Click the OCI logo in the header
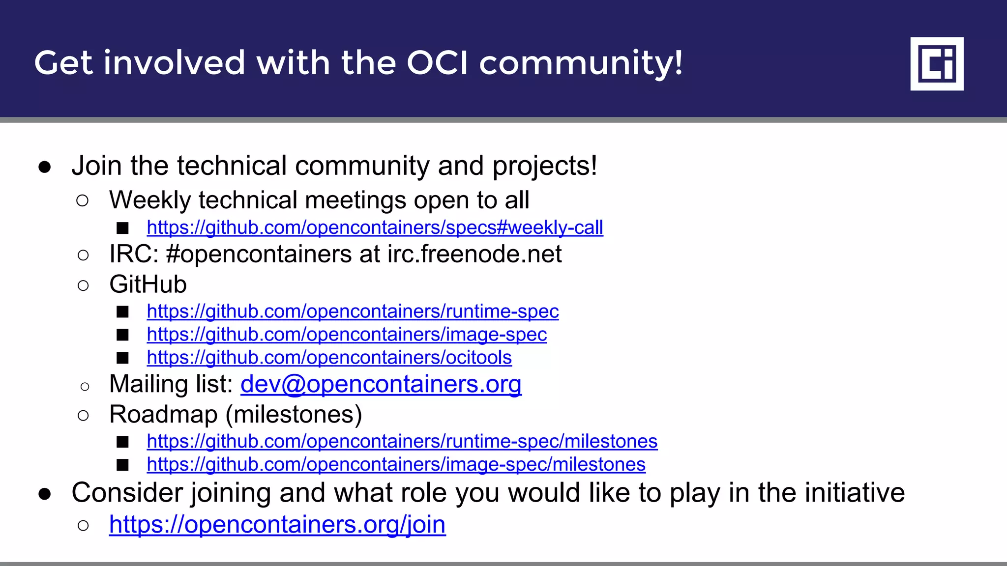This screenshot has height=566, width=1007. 937,63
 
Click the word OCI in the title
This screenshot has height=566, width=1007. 437,63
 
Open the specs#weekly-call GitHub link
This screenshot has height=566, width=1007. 375,227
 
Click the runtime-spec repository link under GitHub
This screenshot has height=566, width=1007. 353,311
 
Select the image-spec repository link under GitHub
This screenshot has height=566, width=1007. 347,335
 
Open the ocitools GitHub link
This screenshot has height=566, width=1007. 329,358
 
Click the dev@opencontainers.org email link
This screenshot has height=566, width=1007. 381,384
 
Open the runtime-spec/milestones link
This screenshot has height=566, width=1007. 402,441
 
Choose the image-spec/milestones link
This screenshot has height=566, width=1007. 396,464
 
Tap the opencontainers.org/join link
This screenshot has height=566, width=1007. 277,525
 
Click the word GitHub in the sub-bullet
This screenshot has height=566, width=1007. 148,284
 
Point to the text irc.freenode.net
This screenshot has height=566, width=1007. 474,255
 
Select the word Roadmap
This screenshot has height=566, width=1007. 163,415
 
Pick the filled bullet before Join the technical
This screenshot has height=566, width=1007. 45,167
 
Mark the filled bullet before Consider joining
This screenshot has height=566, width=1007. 45,494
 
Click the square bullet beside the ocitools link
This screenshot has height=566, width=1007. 122,358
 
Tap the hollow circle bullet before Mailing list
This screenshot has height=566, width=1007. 85,387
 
